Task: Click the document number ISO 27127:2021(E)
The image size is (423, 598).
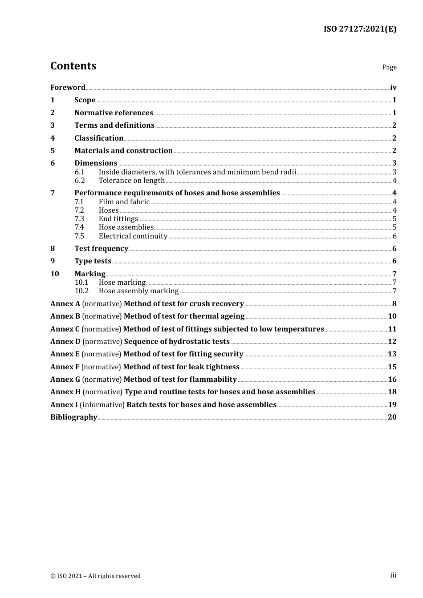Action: (x=360, y=29)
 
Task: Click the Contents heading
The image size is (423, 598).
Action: (x=73, y=66)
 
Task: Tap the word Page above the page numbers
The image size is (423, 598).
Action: (x=389, y=67)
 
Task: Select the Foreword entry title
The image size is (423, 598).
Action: (x=68, y=88)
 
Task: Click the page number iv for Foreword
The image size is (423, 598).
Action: (x=393, y=88)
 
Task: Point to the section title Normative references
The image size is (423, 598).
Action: (x=114, y=113)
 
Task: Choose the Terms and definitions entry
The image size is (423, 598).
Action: (x=114, y=125)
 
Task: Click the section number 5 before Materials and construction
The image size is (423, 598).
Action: (x=53, y=151)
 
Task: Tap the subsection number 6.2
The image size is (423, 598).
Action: (x=80, y=181)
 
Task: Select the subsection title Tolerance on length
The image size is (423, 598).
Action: (x=132, y=181)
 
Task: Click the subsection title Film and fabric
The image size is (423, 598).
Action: (x=124, y=202)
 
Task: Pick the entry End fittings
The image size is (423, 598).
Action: (x=118, y=219)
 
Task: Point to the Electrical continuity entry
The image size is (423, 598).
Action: (x=133, y=236)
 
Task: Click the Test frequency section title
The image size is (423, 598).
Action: (x=102, y=249)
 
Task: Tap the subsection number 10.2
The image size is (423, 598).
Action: (x=81, y=291)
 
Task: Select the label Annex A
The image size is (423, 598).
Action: (x=65, y=304)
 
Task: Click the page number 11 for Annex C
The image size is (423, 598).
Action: (x=392, y=329)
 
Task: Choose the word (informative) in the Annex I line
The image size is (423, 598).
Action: (x=102, y=405)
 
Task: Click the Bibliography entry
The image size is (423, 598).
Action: (x=73, y=417)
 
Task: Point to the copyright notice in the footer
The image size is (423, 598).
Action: (x=95, y=576)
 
